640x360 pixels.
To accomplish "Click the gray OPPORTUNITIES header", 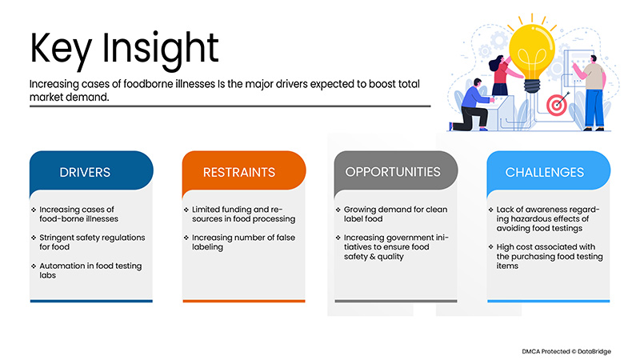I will pos(392,172).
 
